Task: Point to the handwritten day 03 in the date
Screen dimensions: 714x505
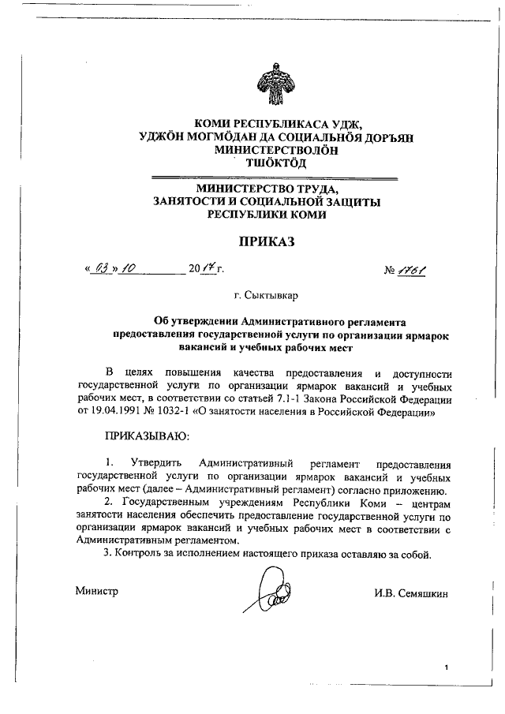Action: (99, 269)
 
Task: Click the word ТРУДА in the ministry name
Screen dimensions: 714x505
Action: (313, 189)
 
